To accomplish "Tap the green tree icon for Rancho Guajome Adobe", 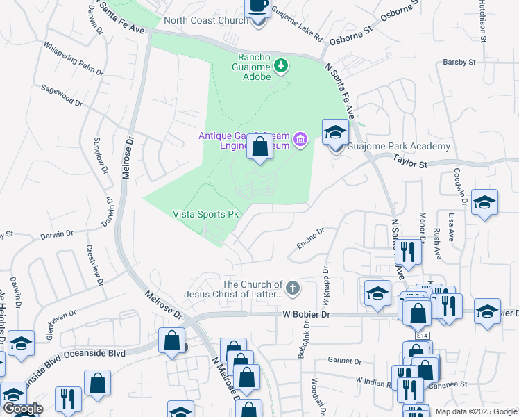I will click(x=281, y=66).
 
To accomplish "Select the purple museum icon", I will click(x=300, y=140).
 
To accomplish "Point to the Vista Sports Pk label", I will click(x=205, y=215).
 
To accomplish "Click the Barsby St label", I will click(x=459, y=62).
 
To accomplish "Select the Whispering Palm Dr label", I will click(x=73, y=59).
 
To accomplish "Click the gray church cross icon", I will click(x=293, y=287).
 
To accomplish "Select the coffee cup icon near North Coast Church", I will click(x=259, y=7).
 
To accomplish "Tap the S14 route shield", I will click(x=423, y=335).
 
